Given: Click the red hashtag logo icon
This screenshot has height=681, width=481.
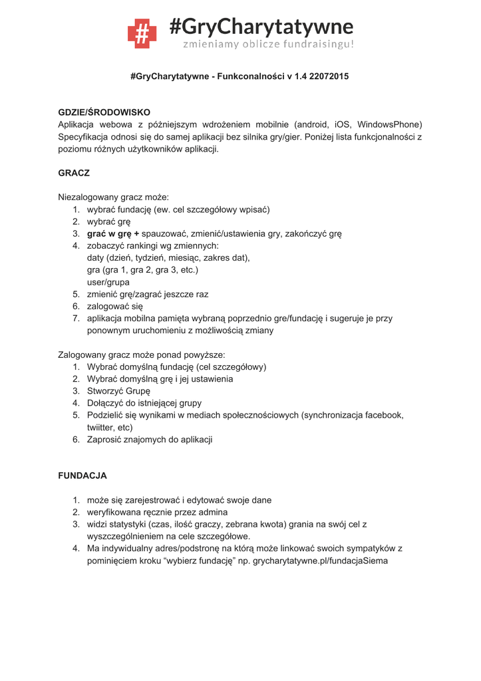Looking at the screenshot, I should [x=142, y=33].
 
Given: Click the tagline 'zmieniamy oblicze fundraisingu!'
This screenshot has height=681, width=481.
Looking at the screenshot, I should [x=269, y=44].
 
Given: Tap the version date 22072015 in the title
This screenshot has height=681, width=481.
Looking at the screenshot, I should [x=327, y=76].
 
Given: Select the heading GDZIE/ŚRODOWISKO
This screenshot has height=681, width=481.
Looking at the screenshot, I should [x=104, y=112].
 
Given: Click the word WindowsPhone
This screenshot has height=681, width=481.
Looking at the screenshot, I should [x=389, y=124].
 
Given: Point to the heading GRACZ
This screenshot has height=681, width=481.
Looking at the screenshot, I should [x=74, y=173].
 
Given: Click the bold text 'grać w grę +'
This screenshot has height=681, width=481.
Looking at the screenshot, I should [x=113, y=233].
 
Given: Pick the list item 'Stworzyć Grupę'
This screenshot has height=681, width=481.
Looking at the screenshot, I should [x=118, y=390].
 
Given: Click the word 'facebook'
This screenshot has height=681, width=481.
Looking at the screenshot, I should [x=381, y=415].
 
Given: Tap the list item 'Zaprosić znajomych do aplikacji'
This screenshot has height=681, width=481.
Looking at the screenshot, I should [x=150, y=439].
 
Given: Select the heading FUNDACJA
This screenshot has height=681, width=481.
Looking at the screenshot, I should [x=82, y=476].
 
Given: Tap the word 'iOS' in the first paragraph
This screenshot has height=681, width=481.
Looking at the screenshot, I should [x=342, y=124].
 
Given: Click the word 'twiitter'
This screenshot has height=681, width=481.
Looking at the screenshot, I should [x=101, y=427].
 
